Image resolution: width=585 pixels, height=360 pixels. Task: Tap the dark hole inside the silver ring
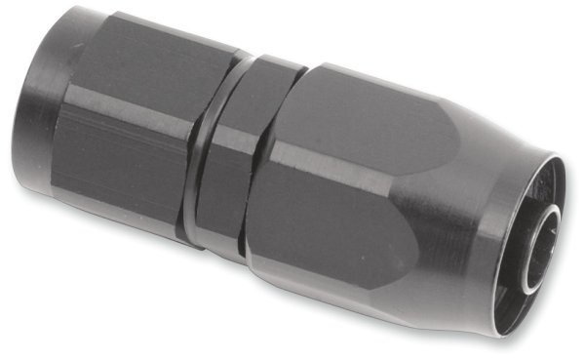548,260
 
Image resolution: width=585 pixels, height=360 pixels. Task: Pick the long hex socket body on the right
361,185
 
